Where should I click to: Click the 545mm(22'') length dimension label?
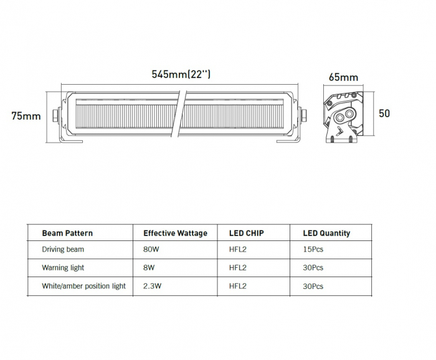[x=181, y=75]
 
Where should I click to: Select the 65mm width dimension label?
[x=343, y=78]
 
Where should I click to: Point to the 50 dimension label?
[x=384, y=113]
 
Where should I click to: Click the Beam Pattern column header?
[x=67, y=233]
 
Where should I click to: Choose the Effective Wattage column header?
[x=175, y=233]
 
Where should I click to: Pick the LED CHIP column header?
[x=247, y=233]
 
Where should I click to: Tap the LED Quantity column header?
[x=326, y=233]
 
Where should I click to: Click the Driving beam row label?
[x=63, y=249]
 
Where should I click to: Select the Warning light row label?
[x=63, y=268]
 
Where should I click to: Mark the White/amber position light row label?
[x=83, y=286]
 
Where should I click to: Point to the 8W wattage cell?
[x=148, y=268]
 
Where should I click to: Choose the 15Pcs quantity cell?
[x=313, y=249]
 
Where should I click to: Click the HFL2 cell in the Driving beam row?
[x=238, y=249]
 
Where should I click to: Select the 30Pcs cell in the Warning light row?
[x=313, y=268]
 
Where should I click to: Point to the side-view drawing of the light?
[x=343, y=116]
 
